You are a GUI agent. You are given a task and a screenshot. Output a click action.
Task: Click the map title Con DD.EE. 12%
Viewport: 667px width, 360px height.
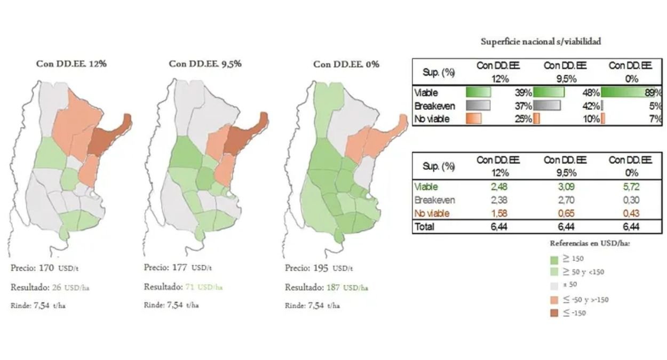[x=72, y=63]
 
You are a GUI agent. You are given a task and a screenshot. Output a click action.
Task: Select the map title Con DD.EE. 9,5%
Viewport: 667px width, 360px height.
[x=205, y=63]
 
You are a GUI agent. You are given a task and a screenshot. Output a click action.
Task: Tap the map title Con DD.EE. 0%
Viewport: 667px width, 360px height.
[x=346, y=64]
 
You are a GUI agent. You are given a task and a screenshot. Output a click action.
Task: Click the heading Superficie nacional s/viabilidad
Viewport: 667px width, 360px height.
[x=541, y=42]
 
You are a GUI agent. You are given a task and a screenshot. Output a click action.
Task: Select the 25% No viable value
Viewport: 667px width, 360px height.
[x=524, y=118]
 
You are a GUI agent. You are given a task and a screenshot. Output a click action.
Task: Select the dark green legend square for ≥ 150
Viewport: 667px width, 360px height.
[x=554, y=259]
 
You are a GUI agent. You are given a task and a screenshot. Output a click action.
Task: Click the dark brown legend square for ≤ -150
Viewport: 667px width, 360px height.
[x=554, y=313]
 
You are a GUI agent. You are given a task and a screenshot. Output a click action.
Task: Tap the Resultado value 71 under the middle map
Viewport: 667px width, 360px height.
[x=190, y=287]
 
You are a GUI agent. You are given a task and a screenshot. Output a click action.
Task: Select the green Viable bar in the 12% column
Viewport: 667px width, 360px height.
[x=478, y=92]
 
